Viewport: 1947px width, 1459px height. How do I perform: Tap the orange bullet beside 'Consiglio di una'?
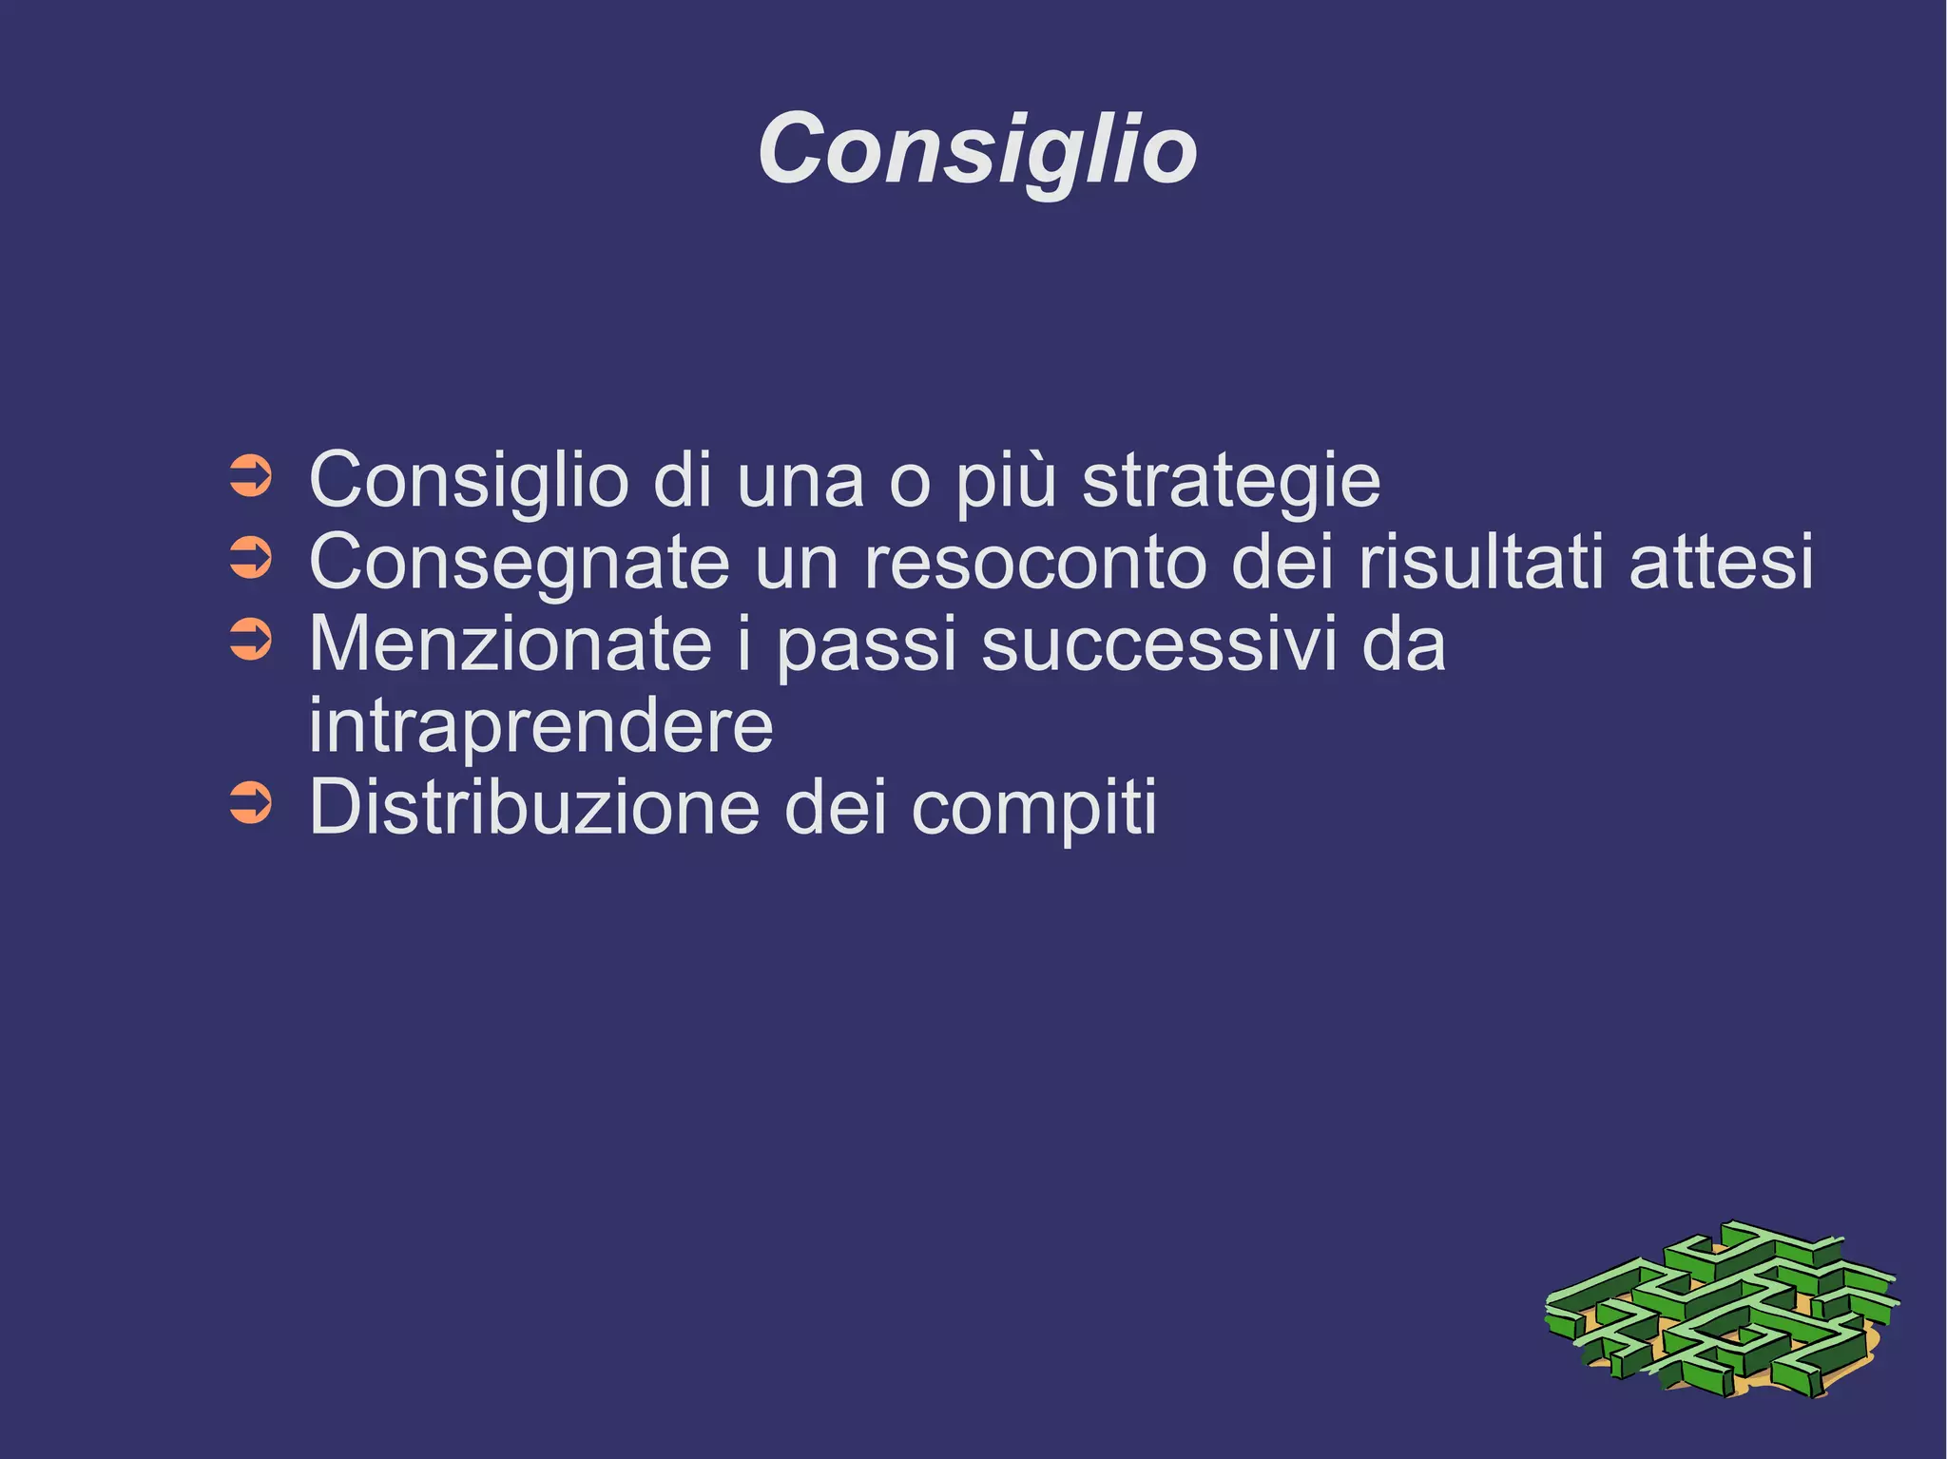252,477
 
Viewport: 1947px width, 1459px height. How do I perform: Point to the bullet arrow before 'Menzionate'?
252,641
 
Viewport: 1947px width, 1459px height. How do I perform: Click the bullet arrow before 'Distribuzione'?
252,804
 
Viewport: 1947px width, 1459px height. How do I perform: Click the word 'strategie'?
1231,481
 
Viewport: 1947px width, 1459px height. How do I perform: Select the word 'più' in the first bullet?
1006,481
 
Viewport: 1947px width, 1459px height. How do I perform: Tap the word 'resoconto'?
1034,563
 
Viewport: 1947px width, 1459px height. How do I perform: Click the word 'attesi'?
1721,563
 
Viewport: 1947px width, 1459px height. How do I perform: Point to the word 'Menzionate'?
511,644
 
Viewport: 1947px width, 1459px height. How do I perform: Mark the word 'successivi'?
1153,644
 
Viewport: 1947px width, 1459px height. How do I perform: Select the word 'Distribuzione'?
535,808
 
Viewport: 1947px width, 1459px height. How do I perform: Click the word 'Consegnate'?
520,563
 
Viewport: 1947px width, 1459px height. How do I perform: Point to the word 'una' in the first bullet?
800,481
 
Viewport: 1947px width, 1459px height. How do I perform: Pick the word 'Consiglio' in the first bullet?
469,481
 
